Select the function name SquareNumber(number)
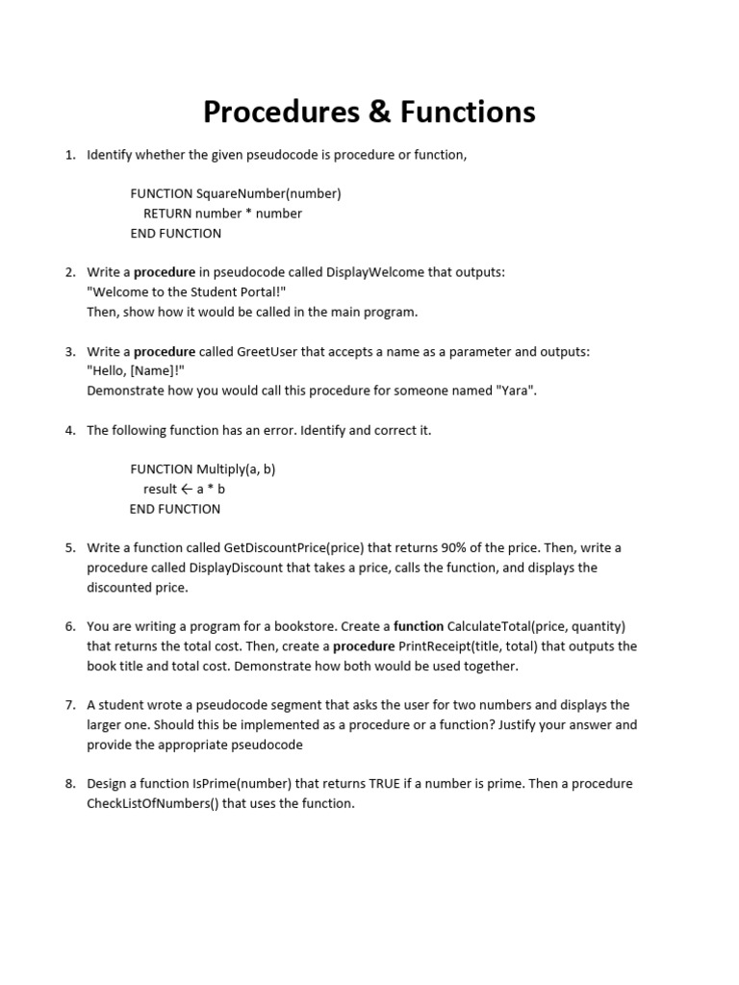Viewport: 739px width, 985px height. pyautogui.click(x=268, y=193)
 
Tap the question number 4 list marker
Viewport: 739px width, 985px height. pyautogui.click(x=70, y=430)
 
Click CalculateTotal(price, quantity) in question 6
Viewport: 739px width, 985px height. pyautogui.click(x=536, y=626)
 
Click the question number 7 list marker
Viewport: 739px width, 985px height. pyautogui.click(x=70, y=705)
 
